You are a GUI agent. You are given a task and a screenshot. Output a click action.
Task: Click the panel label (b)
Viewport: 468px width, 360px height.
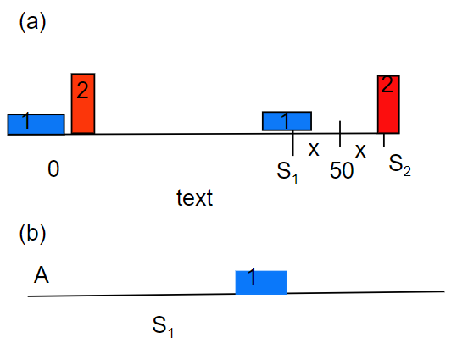click(32, 234)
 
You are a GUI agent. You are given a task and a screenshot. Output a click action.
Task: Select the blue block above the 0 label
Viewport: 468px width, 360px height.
click(36, 125)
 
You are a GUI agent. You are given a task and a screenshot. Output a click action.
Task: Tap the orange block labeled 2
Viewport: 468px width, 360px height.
click(83, 103)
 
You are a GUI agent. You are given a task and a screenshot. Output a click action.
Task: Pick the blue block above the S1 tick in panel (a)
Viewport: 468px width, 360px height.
click(287, 121)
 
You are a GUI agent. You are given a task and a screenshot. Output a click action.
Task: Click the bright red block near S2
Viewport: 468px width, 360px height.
click(388, 104)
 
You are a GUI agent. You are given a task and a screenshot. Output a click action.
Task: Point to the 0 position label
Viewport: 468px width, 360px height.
click(53, 169)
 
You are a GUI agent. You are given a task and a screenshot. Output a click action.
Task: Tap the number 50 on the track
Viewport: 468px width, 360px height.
click(342, 171)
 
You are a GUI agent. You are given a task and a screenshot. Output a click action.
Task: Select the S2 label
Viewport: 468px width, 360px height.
click(399, 165)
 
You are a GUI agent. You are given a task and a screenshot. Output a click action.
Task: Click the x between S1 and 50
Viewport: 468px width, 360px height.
click(314, 149)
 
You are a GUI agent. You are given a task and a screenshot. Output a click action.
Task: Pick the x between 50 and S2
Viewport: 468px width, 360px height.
click(360, 151)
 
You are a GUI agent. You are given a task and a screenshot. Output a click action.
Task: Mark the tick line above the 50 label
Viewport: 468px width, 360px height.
click(340, 134)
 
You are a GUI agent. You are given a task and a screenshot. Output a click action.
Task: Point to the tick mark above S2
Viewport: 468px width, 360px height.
click(384, 140)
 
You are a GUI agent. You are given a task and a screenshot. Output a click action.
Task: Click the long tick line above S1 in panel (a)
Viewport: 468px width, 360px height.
click(293, 143)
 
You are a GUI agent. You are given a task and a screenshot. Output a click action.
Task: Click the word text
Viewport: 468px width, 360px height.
click(195, 197)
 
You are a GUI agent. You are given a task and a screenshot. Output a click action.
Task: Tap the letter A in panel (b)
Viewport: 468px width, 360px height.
click(42, 275)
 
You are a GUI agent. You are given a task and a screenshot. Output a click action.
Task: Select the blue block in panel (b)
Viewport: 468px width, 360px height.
click(261, 282)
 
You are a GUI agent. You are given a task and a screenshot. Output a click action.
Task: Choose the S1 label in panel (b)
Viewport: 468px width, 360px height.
click(163, 327)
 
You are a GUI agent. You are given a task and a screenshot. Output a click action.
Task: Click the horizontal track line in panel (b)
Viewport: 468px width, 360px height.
click(236, 294)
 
